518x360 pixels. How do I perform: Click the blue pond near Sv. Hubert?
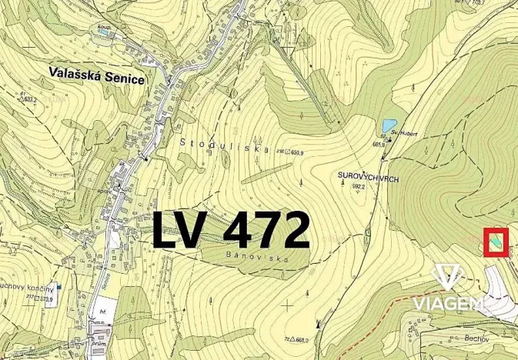point(389,125)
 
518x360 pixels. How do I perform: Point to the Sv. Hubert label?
point(403,132)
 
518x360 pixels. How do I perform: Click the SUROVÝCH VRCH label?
point(366,176)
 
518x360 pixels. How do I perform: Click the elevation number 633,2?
point(28,98)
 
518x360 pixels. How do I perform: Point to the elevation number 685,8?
point(379,144)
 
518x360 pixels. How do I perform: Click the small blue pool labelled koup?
point(102,32)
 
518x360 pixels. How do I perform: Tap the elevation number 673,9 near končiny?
point(48,298)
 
